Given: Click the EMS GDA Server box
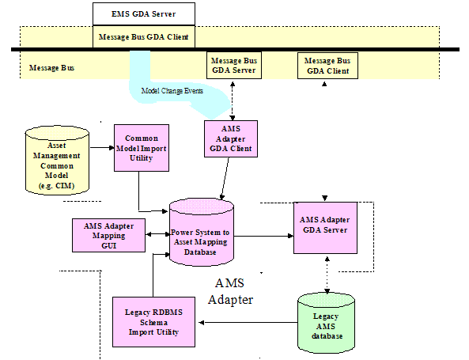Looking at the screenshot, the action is [x=144, y=14].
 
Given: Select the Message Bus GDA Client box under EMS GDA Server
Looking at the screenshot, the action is [x=144, y=37].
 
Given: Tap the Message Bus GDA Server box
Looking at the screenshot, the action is [x=234, y=65].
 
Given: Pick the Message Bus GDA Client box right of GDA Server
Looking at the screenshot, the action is [x=327, y=66].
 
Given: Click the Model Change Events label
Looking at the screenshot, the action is [x=172, y=91].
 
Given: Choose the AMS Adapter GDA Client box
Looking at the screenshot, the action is [x=231, y=138].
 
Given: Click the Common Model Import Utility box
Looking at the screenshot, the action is [x=142, y=148].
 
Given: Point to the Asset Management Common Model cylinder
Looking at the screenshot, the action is [x=57, y=161].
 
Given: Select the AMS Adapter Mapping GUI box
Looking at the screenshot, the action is [x=109, y=235].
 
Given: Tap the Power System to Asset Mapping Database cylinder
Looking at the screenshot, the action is [x=202, y=232].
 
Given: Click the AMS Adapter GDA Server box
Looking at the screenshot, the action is [x=325, y=228].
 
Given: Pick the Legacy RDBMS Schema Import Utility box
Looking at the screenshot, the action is [x=153, y=322].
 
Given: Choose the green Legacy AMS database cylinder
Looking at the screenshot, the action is [x=327, y=322].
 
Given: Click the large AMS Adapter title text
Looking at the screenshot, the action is [x=230, y=291].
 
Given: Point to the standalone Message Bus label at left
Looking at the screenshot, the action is [x=51, y=68].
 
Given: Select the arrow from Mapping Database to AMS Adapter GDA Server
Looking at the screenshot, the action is [x=263, y=236].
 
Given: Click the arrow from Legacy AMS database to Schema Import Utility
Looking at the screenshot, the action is [x=248, y=323].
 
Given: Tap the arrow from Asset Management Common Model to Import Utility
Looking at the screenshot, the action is [x=102, y=147].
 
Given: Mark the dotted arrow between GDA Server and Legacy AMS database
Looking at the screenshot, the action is [x=327, y=275].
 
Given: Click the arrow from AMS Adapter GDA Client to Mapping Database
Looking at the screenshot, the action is [x=225, y=179].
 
